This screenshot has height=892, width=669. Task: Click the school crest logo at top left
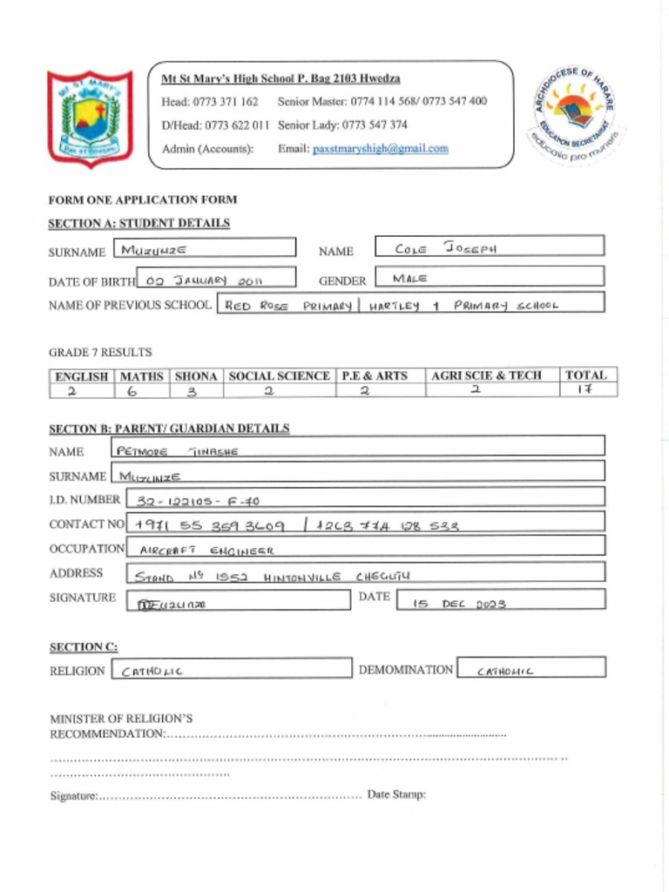coord(90,118)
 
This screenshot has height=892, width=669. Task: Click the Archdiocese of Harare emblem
coord(576,116)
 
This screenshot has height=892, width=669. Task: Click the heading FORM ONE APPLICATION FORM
coord(142,199)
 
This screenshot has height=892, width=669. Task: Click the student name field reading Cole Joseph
coord(489,247)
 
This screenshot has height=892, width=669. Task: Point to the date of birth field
coord(216,280)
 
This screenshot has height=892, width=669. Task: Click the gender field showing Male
coord(489,278)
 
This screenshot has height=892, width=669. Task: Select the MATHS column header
coord(141,376)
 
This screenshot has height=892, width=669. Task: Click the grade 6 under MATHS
coord(141,391)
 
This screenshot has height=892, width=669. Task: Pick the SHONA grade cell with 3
coord(196,391)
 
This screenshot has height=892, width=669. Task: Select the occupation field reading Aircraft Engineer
coord(365,549)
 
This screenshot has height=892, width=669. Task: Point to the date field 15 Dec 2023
coord(500,601)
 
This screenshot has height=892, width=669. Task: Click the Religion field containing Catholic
coord(231,670)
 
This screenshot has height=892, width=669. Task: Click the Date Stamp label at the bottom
coord(396,794)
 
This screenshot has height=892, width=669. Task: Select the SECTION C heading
coord(84,647)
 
